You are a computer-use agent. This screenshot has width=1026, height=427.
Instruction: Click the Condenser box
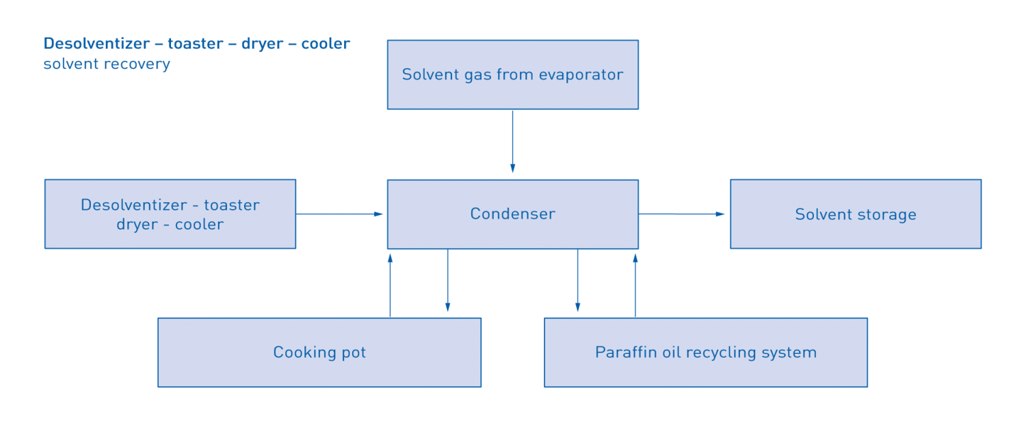[x=512, y=214]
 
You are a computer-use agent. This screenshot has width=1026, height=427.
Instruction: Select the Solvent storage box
[x=855, y=214]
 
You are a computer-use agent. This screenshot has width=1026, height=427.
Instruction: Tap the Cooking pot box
[x=319, y=352]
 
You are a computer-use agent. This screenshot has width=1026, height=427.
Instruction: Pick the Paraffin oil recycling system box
[x=705, y=352]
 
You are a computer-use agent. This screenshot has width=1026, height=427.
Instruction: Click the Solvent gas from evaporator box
[x=512, y=74]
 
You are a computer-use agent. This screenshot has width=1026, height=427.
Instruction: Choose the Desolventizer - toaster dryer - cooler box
[x=170, y=214]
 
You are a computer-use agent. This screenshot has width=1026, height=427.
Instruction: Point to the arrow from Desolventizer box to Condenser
[x=340, y=214]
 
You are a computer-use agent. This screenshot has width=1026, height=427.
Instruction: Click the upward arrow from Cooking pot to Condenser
[x=390, y=284]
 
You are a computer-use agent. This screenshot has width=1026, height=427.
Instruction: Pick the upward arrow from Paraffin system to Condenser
[x=635, y=284]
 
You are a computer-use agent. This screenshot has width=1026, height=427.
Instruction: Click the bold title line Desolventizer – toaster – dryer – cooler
[x=196, y=44]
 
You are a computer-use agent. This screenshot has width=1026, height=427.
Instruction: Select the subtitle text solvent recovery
[x=107, y=64]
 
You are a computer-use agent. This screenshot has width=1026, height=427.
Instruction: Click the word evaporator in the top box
[x=581, y=74]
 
